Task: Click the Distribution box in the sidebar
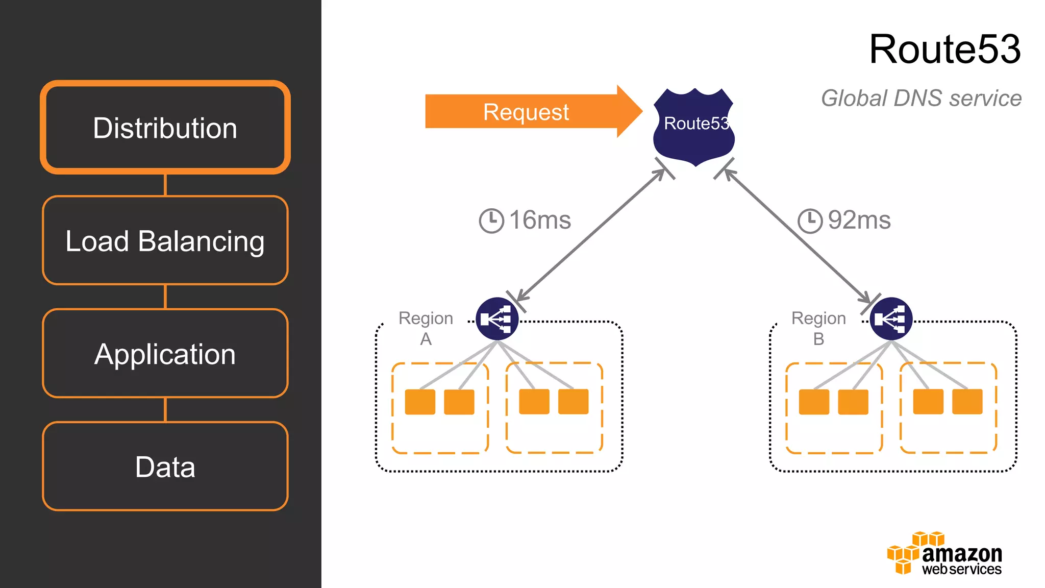click(165, 128)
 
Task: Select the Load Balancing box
click(165, 240)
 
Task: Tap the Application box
click(165, 354)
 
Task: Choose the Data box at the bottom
click(165, 467)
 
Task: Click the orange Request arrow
click(526, 112)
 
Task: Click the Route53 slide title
click(944, 49)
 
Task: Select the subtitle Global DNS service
click(921, 98)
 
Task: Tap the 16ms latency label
click(540, 220)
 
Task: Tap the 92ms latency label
click(859, 220)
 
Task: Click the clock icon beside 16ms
click(491, 220)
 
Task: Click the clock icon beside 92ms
click(810, 220)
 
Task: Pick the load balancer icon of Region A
click(497, 319)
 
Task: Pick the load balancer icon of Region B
click(891, 319)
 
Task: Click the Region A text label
click(426, 328)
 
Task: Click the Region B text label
click(818, 328)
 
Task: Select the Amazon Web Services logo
click(944, 554)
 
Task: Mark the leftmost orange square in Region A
click(420, 402)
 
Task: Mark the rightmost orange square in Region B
click(967, 402)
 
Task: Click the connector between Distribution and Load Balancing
click(165, 185)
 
